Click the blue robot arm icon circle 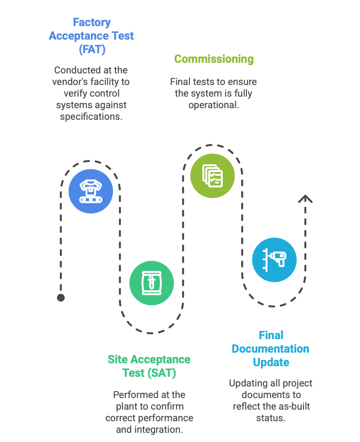pos(90,191)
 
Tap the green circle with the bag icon pos(151,283)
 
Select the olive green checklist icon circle pos(212,175)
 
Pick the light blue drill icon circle pos(274,259)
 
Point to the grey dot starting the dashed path pos(60,298)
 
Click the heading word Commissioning pos(214,59)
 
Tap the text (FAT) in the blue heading pos(91,49)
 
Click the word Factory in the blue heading pos(91,22)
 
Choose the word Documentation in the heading pos(270,349)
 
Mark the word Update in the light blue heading pos(271,362)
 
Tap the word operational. pos(213,105)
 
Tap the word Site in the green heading pos(116,359)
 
